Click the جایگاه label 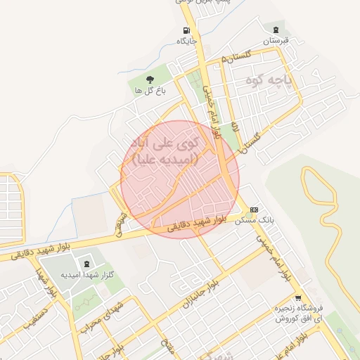click(186, 41)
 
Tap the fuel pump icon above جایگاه click(186, 30)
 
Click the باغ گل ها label click(150, 90)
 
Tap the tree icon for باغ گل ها click(150, 79)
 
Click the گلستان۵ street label click(236, 56)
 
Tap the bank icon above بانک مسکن click(254, 210)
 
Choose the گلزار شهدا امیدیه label click(87, 274)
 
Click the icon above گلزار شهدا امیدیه click(86, 264)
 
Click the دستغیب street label click(35, 316)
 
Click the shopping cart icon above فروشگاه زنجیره click(298, 298)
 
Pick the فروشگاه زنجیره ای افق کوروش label click(298, 314)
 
